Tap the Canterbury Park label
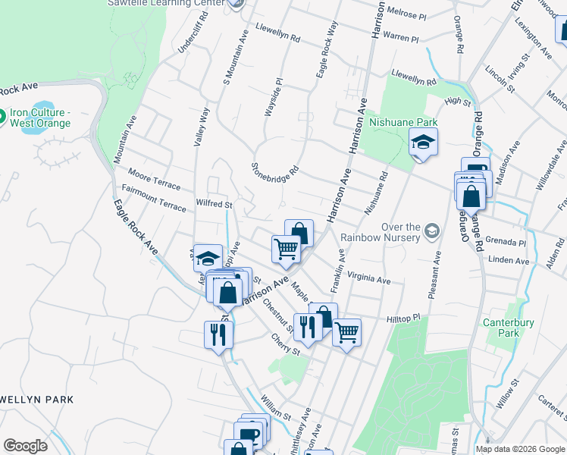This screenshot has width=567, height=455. (509, 328)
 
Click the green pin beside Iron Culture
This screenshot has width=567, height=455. (2, 118)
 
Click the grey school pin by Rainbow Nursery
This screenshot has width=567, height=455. (431, 230)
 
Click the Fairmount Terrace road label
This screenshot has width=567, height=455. (153, 197)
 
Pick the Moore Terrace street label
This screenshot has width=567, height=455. (155, 178)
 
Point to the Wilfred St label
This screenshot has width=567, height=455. (213, 204)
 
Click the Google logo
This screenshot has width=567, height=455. (26, 446)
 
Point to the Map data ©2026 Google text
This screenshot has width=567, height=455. (520, 449)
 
